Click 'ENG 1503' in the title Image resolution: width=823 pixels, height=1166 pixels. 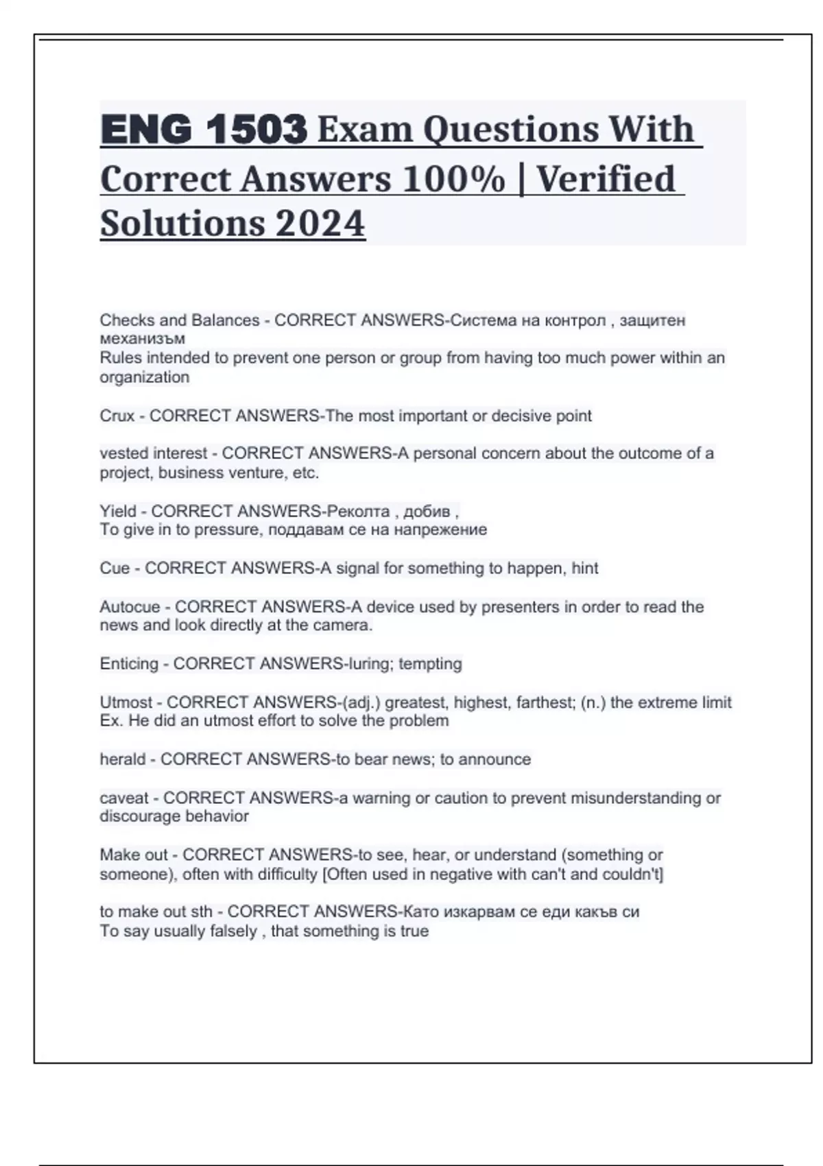pyautogui.click(x=203, y=129)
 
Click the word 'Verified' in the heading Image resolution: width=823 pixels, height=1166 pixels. pyautogui.click(x=606, y=179)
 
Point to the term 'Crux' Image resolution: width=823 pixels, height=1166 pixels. pyautogui.click(x=117, y=416)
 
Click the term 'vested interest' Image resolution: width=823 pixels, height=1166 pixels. pyautogui.click(x=153, y=453)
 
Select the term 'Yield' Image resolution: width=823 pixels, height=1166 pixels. pyautogui.click(x=118, y=511)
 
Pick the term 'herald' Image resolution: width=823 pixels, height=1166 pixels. pyautogui.click(x=123, y=759)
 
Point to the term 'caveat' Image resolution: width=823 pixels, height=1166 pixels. pyautogui.click(x=124, y=798)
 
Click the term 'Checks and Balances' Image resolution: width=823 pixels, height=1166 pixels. pyautogui.click(x=180, y=320)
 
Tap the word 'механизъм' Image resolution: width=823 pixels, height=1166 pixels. pyautogui.click(x=142, y=338)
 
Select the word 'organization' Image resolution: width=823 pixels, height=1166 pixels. pyautogui.click(x=144, y=377)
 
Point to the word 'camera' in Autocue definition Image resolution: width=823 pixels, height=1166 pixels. pyautogui.click(x=341, y=626)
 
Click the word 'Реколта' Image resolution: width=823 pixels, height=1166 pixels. pyautogui.click(x=358, y=511)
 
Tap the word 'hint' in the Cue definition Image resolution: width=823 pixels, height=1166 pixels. pyautogui.click(x=585, y=568)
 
